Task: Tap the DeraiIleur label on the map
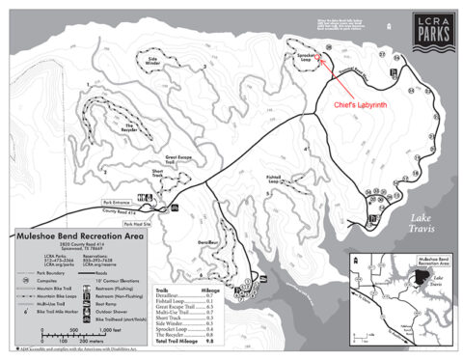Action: point(196,229)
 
